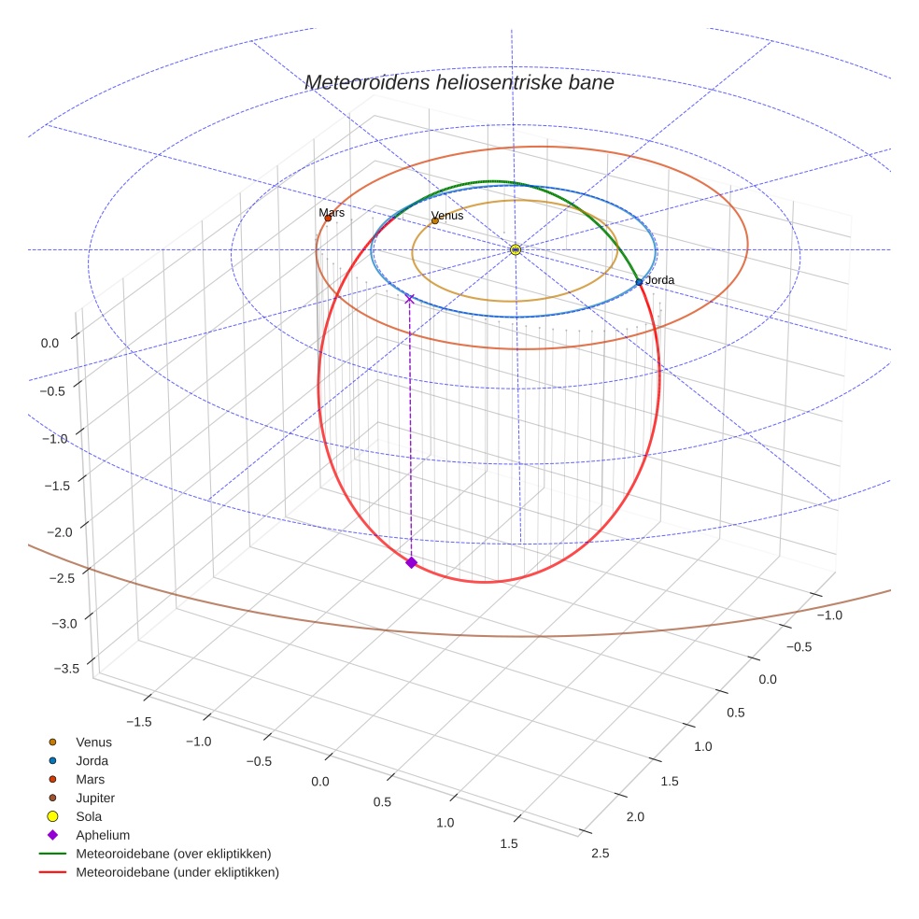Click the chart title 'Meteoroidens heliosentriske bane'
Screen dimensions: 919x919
(x=459, y=82)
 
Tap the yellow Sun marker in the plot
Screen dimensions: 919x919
(x=516, y=249)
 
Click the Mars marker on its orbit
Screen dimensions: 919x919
(x=328, y=219)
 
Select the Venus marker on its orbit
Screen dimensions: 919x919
(x=435, y=220)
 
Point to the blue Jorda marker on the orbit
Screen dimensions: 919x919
(x=639, y=282)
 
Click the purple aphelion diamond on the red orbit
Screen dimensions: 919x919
(x=411, y=562)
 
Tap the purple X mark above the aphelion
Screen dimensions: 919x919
(x=409, y=299)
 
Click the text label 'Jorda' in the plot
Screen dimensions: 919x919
(x=659, y=280)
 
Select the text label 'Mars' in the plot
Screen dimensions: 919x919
(x=332, y=213)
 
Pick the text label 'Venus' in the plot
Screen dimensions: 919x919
(x=447, y=216)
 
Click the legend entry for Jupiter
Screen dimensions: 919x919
(x=95, y=798)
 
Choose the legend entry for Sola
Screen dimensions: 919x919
(x=90, y=816)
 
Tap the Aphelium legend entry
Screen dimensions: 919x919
(x=102, y=835)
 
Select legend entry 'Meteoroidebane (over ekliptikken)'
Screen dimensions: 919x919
(x=174, y=854)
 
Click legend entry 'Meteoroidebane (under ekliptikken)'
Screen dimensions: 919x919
(x=177, y=872)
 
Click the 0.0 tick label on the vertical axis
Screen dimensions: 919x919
(x=49, y=343)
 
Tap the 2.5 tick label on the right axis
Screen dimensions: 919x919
(x=601, y=852)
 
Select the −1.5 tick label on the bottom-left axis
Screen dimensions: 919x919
(x=138, y=721)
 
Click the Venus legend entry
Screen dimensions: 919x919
(x=93, y=742)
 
